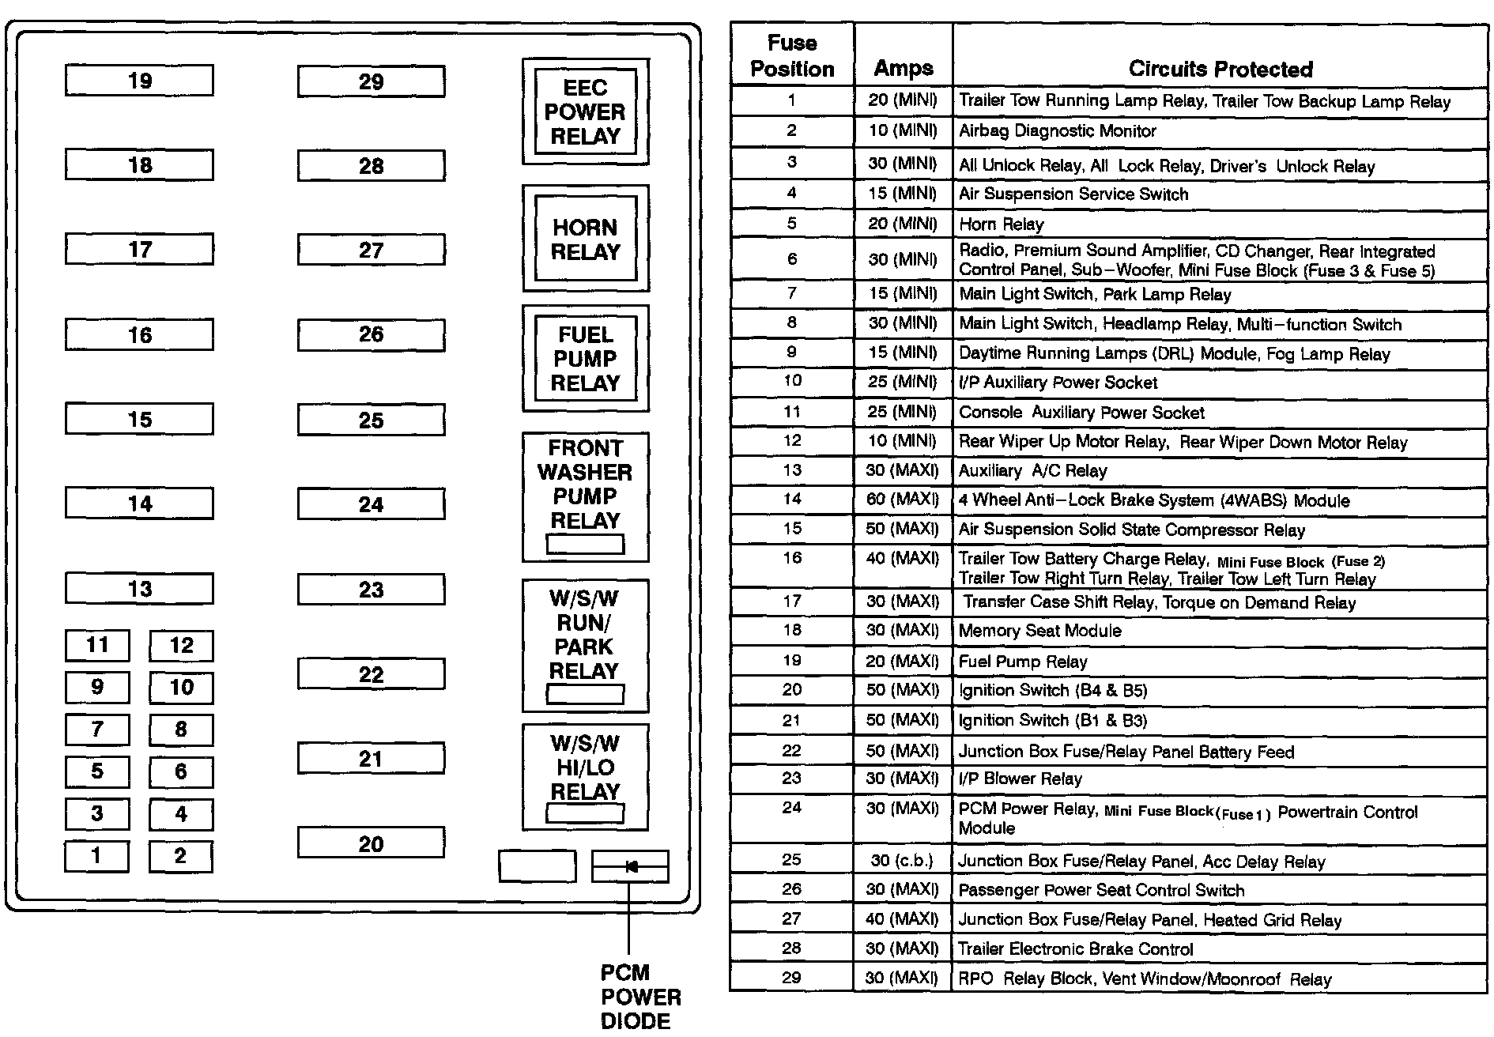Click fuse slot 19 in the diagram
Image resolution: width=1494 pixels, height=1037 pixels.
tap(139, 81)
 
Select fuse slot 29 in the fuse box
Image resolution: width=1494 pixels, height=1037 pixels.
tap(371, 81)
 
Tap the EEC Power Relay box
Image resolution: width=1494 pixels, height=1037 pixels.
tap(585, 111)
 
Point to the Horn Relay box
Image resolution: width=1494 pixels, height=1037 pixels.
tap(585, 239)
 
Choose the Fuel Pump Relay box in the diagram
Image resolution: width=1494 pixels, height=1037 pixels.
tap(585, 359)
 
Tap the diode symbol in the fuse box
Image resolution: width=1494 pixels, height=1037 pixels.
tap(630, 866)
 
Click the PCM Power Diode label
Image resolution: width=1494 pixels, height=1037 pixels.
tap(639, 996)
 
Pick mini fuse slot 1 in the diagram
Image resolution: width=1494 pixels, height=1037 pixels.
tap(96, 855)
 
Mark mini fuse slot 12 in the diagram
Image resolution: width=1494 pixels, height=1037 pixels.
tap(181, 645)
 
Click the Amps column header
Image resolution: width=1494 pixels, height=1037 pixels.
tap(904, 68)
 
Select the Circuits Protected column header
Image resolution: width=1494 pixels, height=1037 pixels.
tap(1220, 69)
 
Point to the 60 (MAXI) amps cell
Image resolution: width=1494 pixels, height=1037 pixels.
tap(903, 500)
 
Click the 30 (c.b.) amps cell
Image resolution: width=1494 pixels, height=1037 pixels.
tap(903, 860)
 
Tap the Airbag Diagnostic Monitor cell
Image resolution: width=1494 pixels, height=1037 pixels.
tap(1057, 131)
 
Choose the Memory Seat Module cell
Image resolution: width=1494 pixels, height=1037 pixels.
tap(1039, 631)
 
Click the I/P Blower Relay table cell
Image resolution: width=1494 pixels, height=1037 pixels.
tap(1020, 779)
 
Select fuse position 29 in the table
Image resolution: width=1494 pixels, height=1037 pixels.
tap(791, 978)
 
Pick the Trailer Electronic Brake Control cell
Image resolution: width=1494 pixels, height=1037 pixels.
tap(1075, 948)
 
